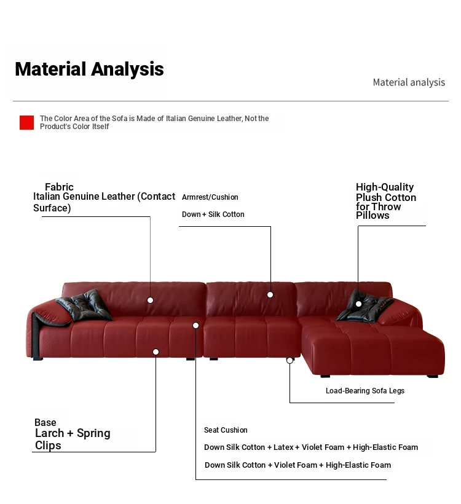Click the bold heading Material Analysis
tap(89, 69)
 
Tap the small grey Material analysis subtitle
tap(409, 82)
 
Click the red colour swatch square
tap(26, 122)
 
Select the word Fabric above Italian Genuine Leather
tap(59, 187)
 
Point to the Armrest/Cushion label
tap(210, 197)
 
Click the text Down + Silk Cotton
tap(213, 214)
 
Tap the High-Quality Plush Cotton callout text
tap(386, 201)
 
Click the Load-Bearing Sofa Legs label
tap(365, 390)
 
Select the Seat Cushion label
tap(226, 430)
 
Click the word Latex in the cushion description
tap(283, 447)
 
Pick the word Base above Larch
tap(45, 422)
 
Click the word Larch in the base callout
tap(50, 433)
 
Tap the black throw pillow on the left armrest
tap(85, 305)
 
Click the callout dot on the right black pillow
tap(358, 304)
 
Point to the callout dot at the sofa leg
tap(290, 360)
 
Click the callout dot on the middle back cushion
tap(270, 295)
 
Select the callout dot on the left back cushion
tap(150, 300)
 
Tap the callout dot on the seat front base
tap(156, 352)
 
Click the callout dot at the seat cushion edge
tap(195, 326)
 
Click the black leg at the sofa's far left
tap(38, 358)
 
